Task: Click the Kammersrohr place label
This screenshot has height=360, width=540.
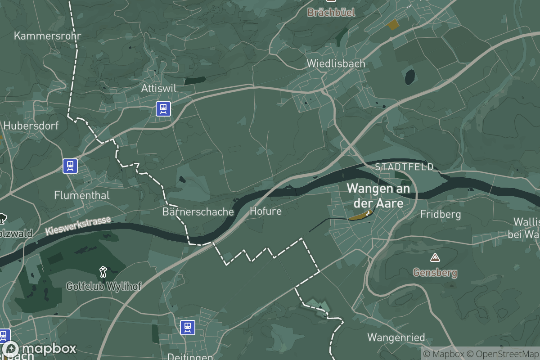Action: pyautogui.click(x=48, y=36)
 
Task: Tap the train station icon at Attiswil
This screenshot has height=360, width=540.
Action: pyautogui.click(x=163, y=109)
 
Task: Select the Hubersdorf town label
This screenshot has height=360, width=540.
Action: pyautogui.click(x=31, y=126)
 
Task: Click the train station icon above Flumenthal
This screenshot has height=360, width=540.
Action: pyautogui.click(x=70, y=166)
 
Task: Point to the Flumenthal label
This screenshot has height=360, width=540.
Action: pyautogui.click(x=82, y=195)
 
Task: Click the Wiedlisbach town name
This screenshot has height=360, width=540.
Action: pyautogui.click(x=336, y=63)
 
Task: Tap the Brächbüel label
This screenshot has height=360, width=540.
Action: pyautogui.click(x=331, y=12)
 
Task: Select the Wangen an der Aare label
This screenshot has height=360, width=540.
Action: pyautogui.click(x=378, y=195)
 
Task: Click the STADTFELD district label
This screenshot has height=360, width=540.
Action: pyautogui.click(x=404, y=167)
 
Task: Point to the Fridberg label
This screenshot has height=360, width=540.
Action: pyautogui.click(x=441, y=214)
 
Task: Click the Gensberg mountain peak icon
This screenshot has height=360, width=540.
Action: pyautogui.click(x=435, y=258)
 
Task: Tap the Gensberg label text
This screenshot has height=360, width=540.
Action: pyautogui.click(x=435, y=272)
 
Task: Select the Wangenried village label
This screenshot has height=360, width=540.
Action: pyautogui.click(x=396, y=337)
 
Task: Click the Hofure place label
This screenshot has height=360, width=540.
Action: pyautogui.click(x=265, y=211)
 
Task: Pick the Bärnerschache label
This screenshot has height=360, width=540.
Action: pyautogui.click(x=198, y=211)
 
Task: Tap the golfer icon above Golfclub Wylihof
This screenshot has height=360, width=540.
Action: pyautogui.click(x=103, y=271)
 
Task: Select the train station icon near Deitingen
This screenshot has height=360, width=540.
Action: pyautogui.click(x=188, y=328)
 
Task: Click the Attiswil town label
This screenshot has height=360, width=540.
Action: pyautogui.click(x=158, y=88)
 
